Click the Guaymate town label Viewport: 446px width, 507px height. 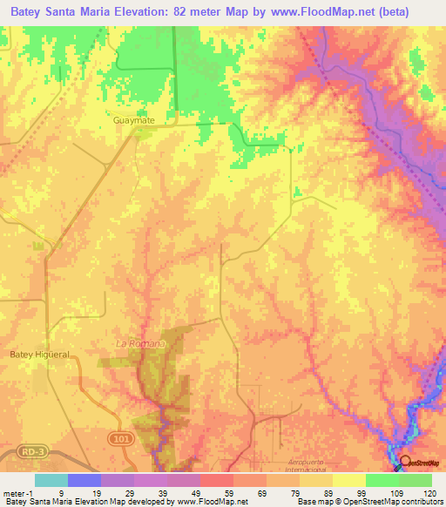[132, 121]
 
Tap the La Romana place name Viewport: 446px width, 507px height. [140, 343]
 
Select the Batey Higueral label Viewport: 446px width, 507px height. [39, 355]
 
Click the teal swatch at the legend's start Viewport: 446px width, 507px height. [51, 480]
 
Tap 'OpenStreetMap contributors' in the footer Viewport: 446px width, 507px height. [394, 502]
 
